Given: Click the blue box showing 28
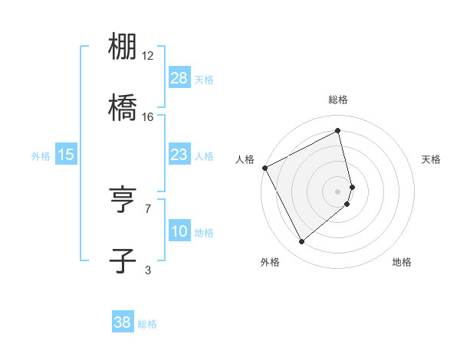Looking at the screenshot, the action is click(179, 78).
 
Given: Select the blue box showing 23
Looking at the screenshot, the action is click(179, 155).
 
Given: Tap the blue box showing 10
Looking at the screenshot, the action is click(179, 231).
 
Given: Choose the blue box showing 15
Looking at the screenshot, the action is click(66, 155).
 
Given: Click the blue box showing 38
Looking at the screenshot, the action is click(123, 322).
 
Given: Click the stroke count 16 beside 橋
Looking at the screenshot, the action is click(148, 117).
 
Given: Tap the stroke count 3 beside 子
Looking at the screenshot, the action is click(148, 269).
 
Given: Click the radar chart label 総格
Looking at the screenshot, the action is click(338, 100).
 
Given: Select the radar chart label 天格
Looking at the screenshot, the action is click(432, 159).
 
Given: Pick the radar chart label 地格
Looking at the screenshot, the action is click(402, 262).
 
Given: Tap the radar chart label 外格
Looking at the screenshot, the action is click(270, 262).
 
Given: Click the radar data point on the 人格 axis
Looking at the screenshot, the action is click(264, 168).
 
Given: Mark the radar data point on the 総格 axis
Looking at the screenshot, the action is click(338, 132).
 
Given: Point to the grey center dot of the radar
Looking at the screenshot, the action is click(338, 191).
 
